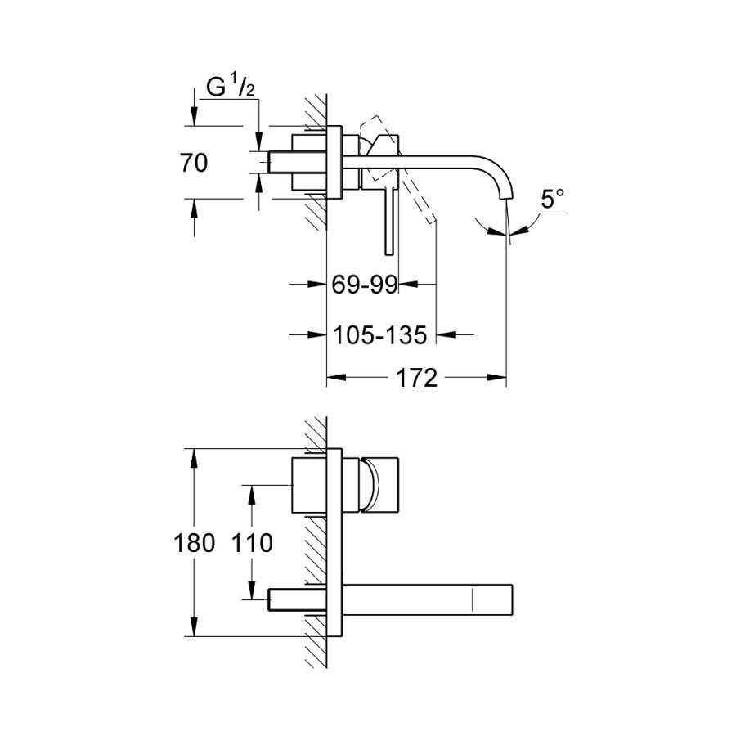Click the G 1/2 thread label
(x=231, y=87)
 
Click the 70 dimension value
(x=193, y=163)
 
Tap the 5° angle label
(x=553, y=199)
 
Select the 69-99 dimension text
(x=365, y=284)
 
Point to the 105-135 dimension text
(x=379, y=334)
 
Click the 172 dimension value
(x=417, y=377)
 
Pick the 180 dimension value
(x=195, y=543)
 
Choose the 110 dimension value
(x=252, y=543)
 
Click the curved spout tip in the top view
(x=505, y=195)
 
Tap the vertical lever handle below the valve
(x=388, y=221)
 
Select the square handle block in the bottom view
(x=379, y=485)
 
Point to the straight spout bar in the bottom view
(x=428, y=599)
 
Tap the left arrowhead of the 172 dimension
(x=337, y=377)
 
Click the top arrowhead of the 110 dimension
(x=252, y=495)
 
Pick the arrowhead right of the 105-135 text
(x=446, y=334)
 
